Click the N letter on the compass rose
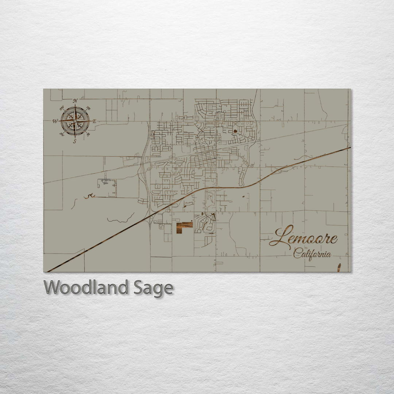tap(75, 101)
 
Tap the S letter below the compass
tap(75, 142)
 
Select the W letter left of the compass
tap(55, 121)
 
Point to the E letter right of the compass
tap(94, 121)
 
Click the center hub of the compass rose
tap(75, 121)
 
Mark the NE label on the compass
tap(88, 108)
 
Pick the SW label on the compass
tap(62, 134)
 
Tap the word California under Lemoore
tap(312, 253)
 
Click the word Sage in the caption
tap(153, 288)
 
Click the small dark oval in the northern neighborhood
tap(235, 130)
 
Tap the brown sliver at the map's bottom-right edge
tap(339, 267)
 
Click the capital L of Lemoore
tap(282, 236)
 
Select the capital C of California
tap(296, 252)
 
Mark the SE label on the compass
tap(88, 134)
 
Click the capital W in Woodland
tap(52, 287)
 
